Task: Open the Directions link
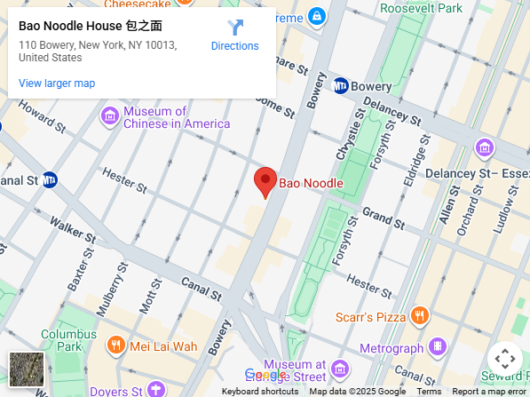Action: [234, 36]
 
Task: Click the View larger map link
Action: [57, 83]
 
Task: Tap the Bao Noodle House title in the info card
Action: [90, 26]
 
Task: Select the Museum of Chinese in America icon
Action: [110, 116]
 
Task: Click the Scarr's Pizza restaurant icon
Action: [420, 316]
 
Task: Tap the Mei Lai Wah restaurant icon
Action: [115, 345]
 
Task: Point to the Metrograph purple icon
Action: [437, 346]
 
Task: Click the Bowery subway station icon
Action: [341, 86]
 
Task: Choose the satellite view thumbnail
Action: [27, 369]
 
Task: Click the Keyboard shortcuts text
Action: [259, 392]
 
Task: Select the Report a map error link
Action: [488, 392]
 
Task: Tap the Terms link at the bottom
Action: [429, 392]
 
